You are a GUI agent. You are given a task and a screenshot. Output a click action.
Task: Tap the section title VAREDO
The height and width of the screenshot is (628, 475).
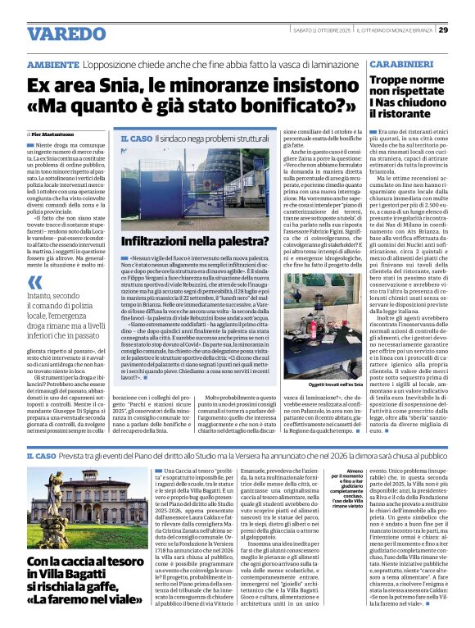[x=66, y=34]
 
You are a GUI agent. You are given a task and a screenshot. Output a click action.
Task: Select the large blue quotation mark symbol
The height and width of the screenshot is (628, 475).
[x=34, y=283]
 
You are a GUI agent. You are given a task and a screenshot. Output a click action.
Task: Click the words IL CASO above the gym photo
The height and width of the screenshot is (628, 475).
[x=136, y=140]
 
